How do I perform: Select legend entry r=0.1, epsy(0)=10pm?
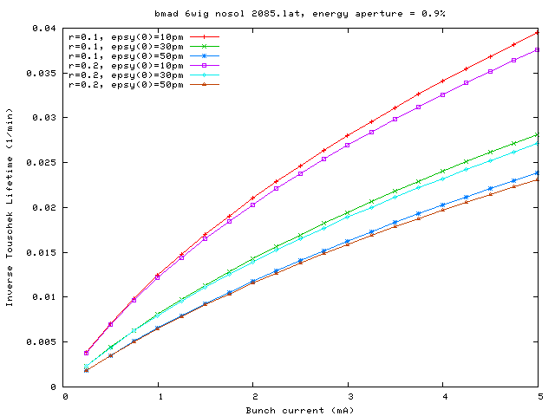coord(125,37)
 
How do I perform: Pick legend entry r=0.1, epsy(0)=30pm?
coord(125,47)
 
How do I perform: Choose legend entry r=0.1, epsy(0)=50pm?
coord(125,56)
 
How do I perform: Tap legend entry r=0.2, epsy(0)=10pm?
coord(125,66)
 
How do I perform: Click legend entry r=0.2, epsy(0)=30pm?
coord(125,75)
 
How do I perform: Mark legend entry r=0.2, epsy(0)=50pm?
coord(125,85)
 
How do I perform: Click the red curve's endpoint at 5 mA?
coord(538,32)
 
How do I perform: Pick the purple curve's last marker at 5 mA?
coord(538,49)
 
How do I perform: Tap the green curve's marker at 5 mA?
coord(538,134)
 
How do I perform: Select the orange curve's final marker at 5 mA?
coord(538,179)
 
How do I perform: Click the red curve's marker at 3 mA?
coord(348,135)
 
